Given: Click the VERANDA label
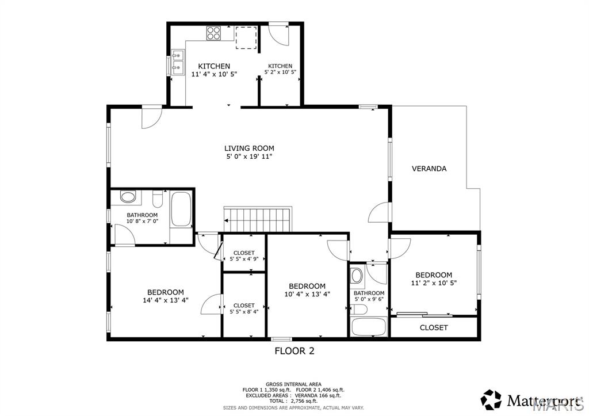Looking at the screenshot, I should (x=429, y=169).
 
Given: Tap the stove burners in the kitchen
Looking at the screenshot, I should (x=214, y=33).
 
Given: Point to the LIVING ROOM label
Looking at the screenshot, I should (x=249, y=148).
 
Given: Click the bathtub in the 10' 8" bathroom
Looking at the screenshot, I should (x=181, y=209).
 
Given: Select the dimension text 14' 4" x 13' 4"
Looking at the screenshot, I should (x=166, y=300).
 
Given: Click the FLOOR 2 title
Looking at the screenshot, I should (x=294, y=350).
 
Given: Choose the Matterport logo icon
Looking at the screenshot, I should (x=491, y=399).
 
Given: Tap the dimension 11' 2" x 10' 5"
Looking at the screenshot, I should (x=434, y=283).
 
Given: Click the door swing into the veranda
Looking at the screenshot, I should (x=380, y=214).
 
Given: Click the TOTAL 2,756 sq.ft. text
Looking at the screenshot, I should (x=293, y=401).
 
